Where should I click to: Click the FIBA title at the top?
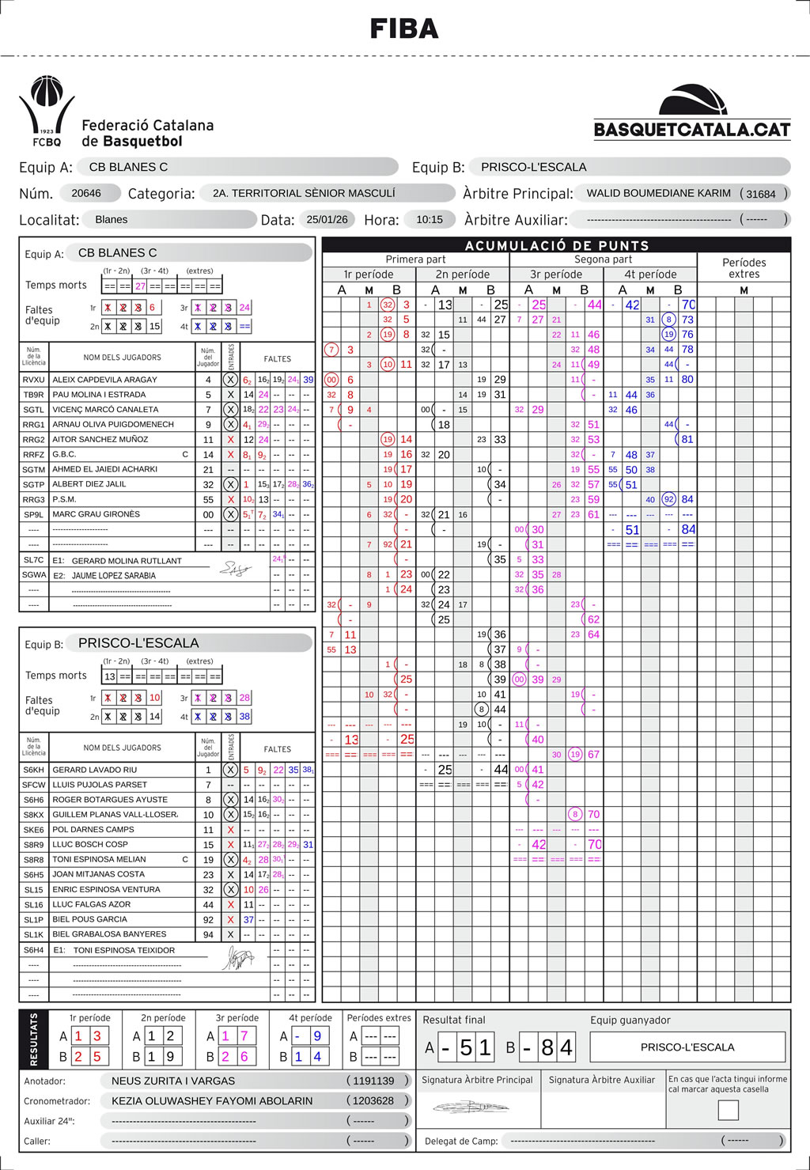pos(404,29)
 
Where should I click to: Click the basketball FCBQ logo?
pos(47,111)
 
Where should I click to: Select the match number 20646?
pos(86,193)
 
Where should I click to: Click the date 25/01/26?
pos(327,220)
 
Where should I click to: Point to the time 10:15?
pos(430,220)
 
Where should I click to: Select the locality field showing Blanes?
pos(112,220)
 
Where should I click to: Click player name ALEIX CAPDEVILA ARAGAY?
pos(104,380)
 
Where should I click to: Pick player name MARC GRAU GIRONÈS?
pos(96,514)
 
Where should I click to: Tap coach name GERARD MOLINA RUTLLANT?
pos(127,561)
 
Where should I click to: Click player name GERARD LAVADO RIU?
pos(94,770)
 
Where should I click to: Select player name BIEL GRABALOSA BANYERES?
pos(109,934)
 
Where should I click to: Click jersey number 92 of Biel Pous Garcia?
pos(208,920)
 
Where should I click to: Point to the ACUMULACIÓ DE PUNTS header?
pos(556,245)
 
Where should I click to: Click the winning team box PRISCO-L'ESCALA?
pos(687,1047)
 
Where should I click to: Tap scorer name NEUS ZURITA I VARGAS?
pos(173,1081)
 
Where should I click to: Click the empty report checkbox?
pos(728,1110)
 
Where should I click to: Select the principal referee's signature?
pos(471,1107)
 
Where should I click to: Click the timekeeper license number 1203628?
pos(373,1100)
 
